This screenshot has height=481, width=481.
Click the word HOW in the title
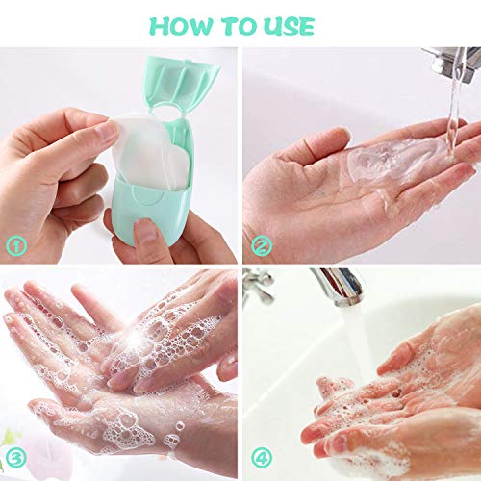pos(182,26)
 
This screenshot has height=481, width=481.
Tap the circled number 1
pos(16,245)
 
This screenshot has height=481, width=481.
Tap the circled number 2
pos(262,245)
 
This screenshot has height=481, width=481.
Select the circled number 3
pos(16,457)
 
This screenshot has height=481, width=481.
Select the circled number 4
pos(262,457)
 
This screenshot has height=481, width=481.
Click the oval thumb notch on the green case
pos(147,198)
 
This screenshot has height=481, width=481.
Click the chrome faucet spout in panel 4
pos(340,286)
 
